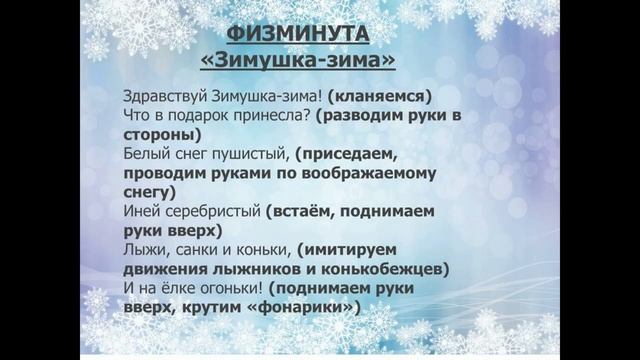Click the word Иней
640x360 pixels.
tap(138, 211)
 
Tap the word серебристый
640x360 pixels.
tap(209, 211)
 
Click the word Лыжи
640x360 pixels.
tap(140, 249)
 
